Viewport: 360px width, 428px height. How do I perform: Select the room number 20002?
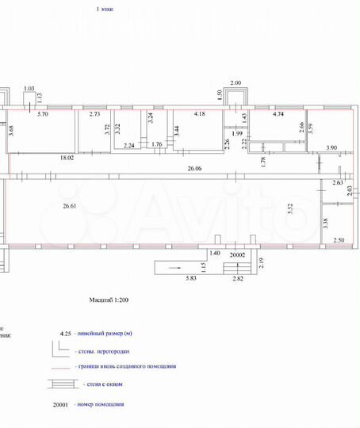tap(239, 255)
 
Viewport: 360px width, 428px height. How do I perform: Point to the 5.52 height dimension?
tap(291, 208)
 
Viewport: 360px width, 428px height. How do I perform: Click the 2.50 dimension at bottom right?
tap(339, 240)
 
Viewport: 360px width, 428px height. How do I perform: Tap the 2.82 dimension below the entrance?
tap(238, 279)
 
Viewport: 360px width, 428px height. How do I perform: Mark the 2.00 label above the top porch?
tap(236, 82)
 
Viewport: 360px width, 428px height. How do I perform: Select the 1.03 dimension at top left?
tap(29, 88)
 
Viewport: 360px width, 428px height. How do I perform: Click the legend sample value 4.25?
tap(66, 335)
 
